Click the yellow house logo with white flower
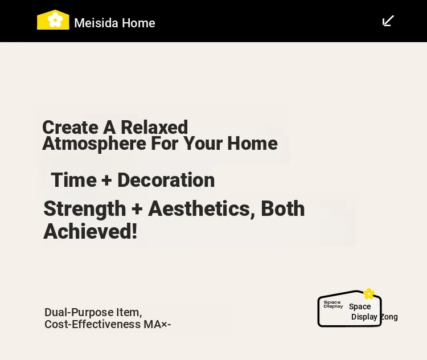point(53,19)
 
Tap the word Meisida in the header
point(96,23)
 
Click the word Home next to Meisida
point(138,23)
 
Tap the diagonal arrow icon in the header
point(388,21)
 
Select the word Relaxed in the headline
point(154,127)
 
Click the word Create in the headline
point(70,127)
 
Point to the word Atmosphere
point(94,144)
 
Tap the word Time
point(74,180)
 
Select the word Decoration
point(166,180)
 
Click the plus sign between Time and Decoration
point(107,181)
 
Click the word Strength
point(85,208)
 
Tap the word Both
point(283,208)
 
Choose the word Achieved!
point(90,231)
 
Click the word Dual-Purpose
point(79,312)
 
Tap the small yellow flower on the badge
point(369,294)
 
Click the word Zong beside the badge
point(389,317)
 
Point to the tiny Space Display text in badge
point(333,304)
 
